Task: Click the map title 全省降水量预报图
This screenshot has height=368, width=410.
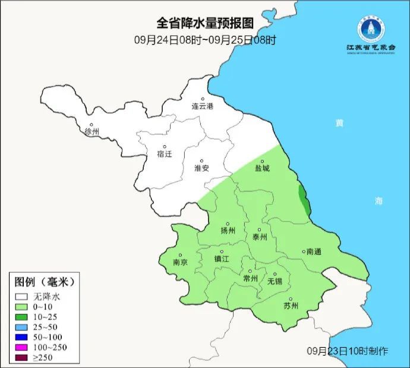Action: pyautogui.click(x=205, y=23)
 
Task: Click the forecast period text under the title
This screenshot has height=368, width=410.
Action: pyautogui.click(x=205, y=40)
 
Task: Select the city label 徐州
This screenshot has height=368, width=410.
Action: pyautogui.click(x=92, y=131)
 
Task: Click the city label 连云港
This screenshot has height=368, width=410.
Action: pyautogui.click(x=202, y=106)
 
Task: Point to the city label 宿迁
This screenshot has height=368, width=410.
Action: pyautogui.click(x=165, y=154)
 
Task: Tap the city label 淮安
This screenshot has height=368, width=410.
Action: pyautogui.click(x=202, y=168)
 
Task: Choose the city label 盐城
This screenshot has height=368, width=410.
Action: pyautogui.click(x=262, y=168)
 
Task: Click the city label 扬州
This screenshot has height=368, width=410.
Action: pyautogui.click(x=228, y=231)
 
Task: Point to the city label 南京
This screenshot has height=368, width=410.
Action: pyautogui.click(x=180, y=262)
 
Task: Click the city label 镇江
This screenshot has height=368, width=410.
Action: pyautogui.click(x=221, y=259)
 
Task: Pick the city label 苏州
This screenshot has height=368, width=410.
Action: pyautogui.click(x=291, y=306)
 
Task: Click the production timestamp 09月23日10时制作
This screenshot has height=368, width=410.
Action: pyautogui.click(x=348, y=351)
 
